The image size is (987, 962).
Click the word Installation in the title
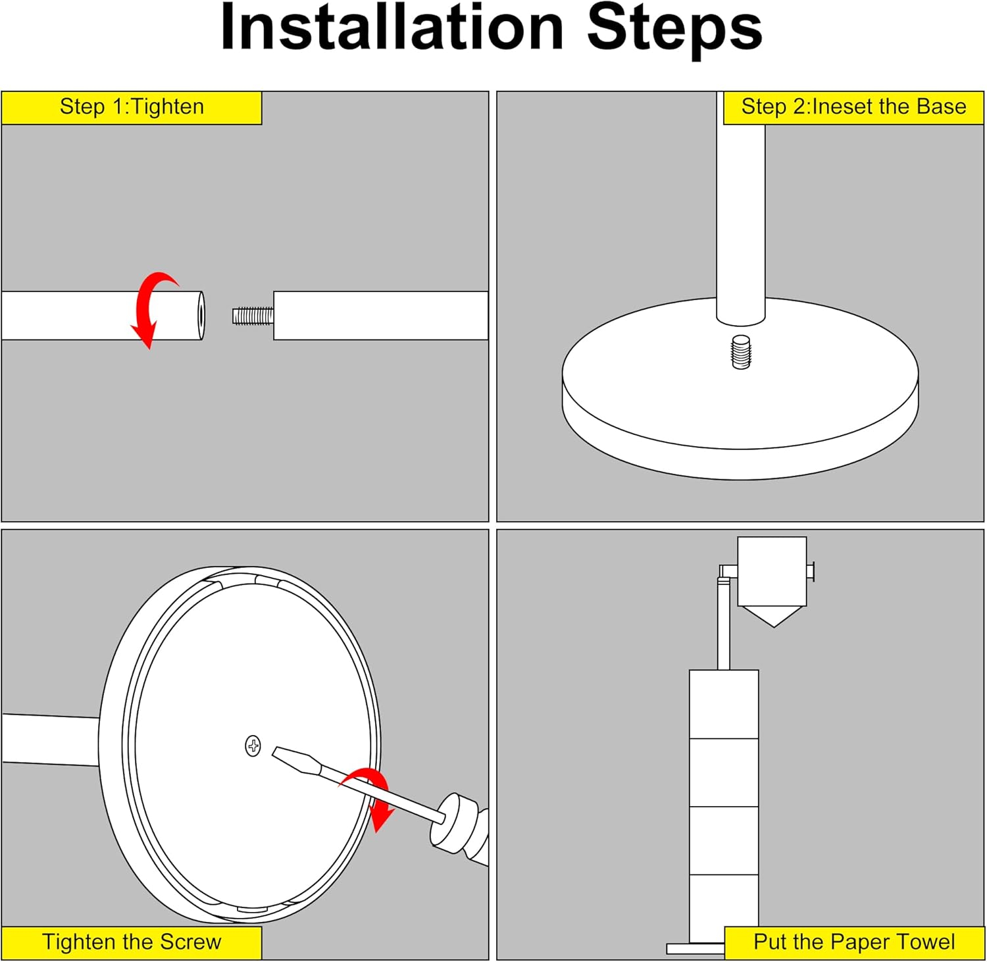point(392,28)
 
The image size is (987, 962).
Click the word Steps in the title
point(674,29)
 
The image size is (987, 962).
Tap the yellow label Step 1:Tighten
point(132,107)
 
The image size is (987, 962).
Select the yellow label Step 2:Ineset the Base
point(853,107)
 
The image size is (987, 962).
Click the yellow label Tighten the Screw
point(132,942)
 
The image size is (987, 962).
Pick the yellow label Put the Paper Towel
point(853,942)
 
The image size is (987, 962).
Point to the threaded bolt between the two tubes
point(253,316)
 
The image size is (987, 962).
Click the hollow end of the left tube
point(201,316)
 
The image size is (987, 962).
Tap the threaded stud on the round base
point(741,352)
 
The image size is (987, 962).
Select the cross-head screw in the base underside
point(253,746)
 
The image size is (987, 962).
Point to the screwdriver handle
point(461,830)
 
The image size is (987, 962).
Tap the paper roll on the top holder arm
point(772,571)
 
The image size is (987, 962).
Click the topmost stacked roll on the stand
point(724,704)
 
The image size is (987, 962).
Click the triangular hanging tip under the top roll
point(774,617)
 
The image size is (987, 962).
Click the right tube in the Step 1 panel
point(381,316)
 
